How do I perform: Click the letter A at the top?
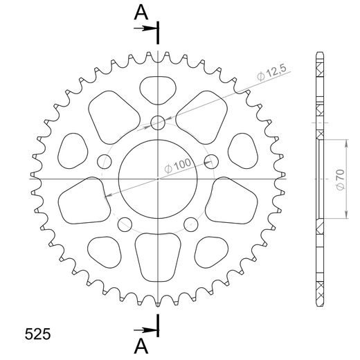[x=141, y=12]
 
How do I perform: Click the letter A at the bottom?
[x=141, y=344]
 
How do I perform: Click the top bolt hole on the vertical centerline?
[x=159, y=123]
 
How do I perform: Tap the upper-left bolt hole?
[x=105, y=161]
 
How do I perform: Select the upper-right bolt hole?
[x=212, y=162]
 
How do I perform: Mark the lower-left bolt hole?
[x=125, y=224]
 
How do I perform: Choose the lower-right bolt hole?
[x=191, y=224]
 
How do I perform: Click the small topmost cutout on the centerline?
[x=159, y=89]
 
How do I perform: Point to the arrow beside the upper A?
[x=148, y=28]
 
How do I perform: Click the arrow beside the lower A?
[x=148, y=329]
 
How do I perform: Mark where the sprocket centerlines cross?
[x=159, y=178]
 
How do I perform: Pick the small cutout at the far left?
[x=72, y=147]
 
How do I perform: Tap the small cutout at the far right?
[x=245, y=147]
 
